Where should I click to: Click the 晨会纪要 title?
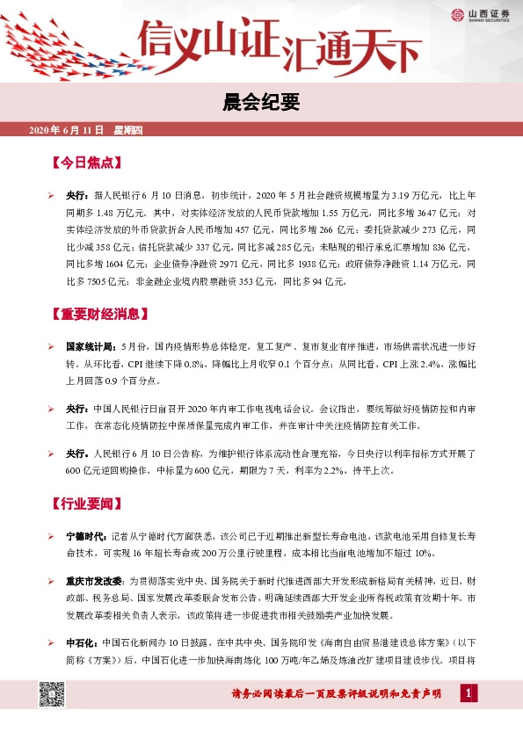(261, 103)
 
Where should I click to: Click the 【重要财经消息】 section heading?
(103, 314)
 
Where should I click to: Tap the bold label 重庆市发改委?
(94, 581)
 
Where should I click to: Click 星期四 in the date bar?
(134, 130)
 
